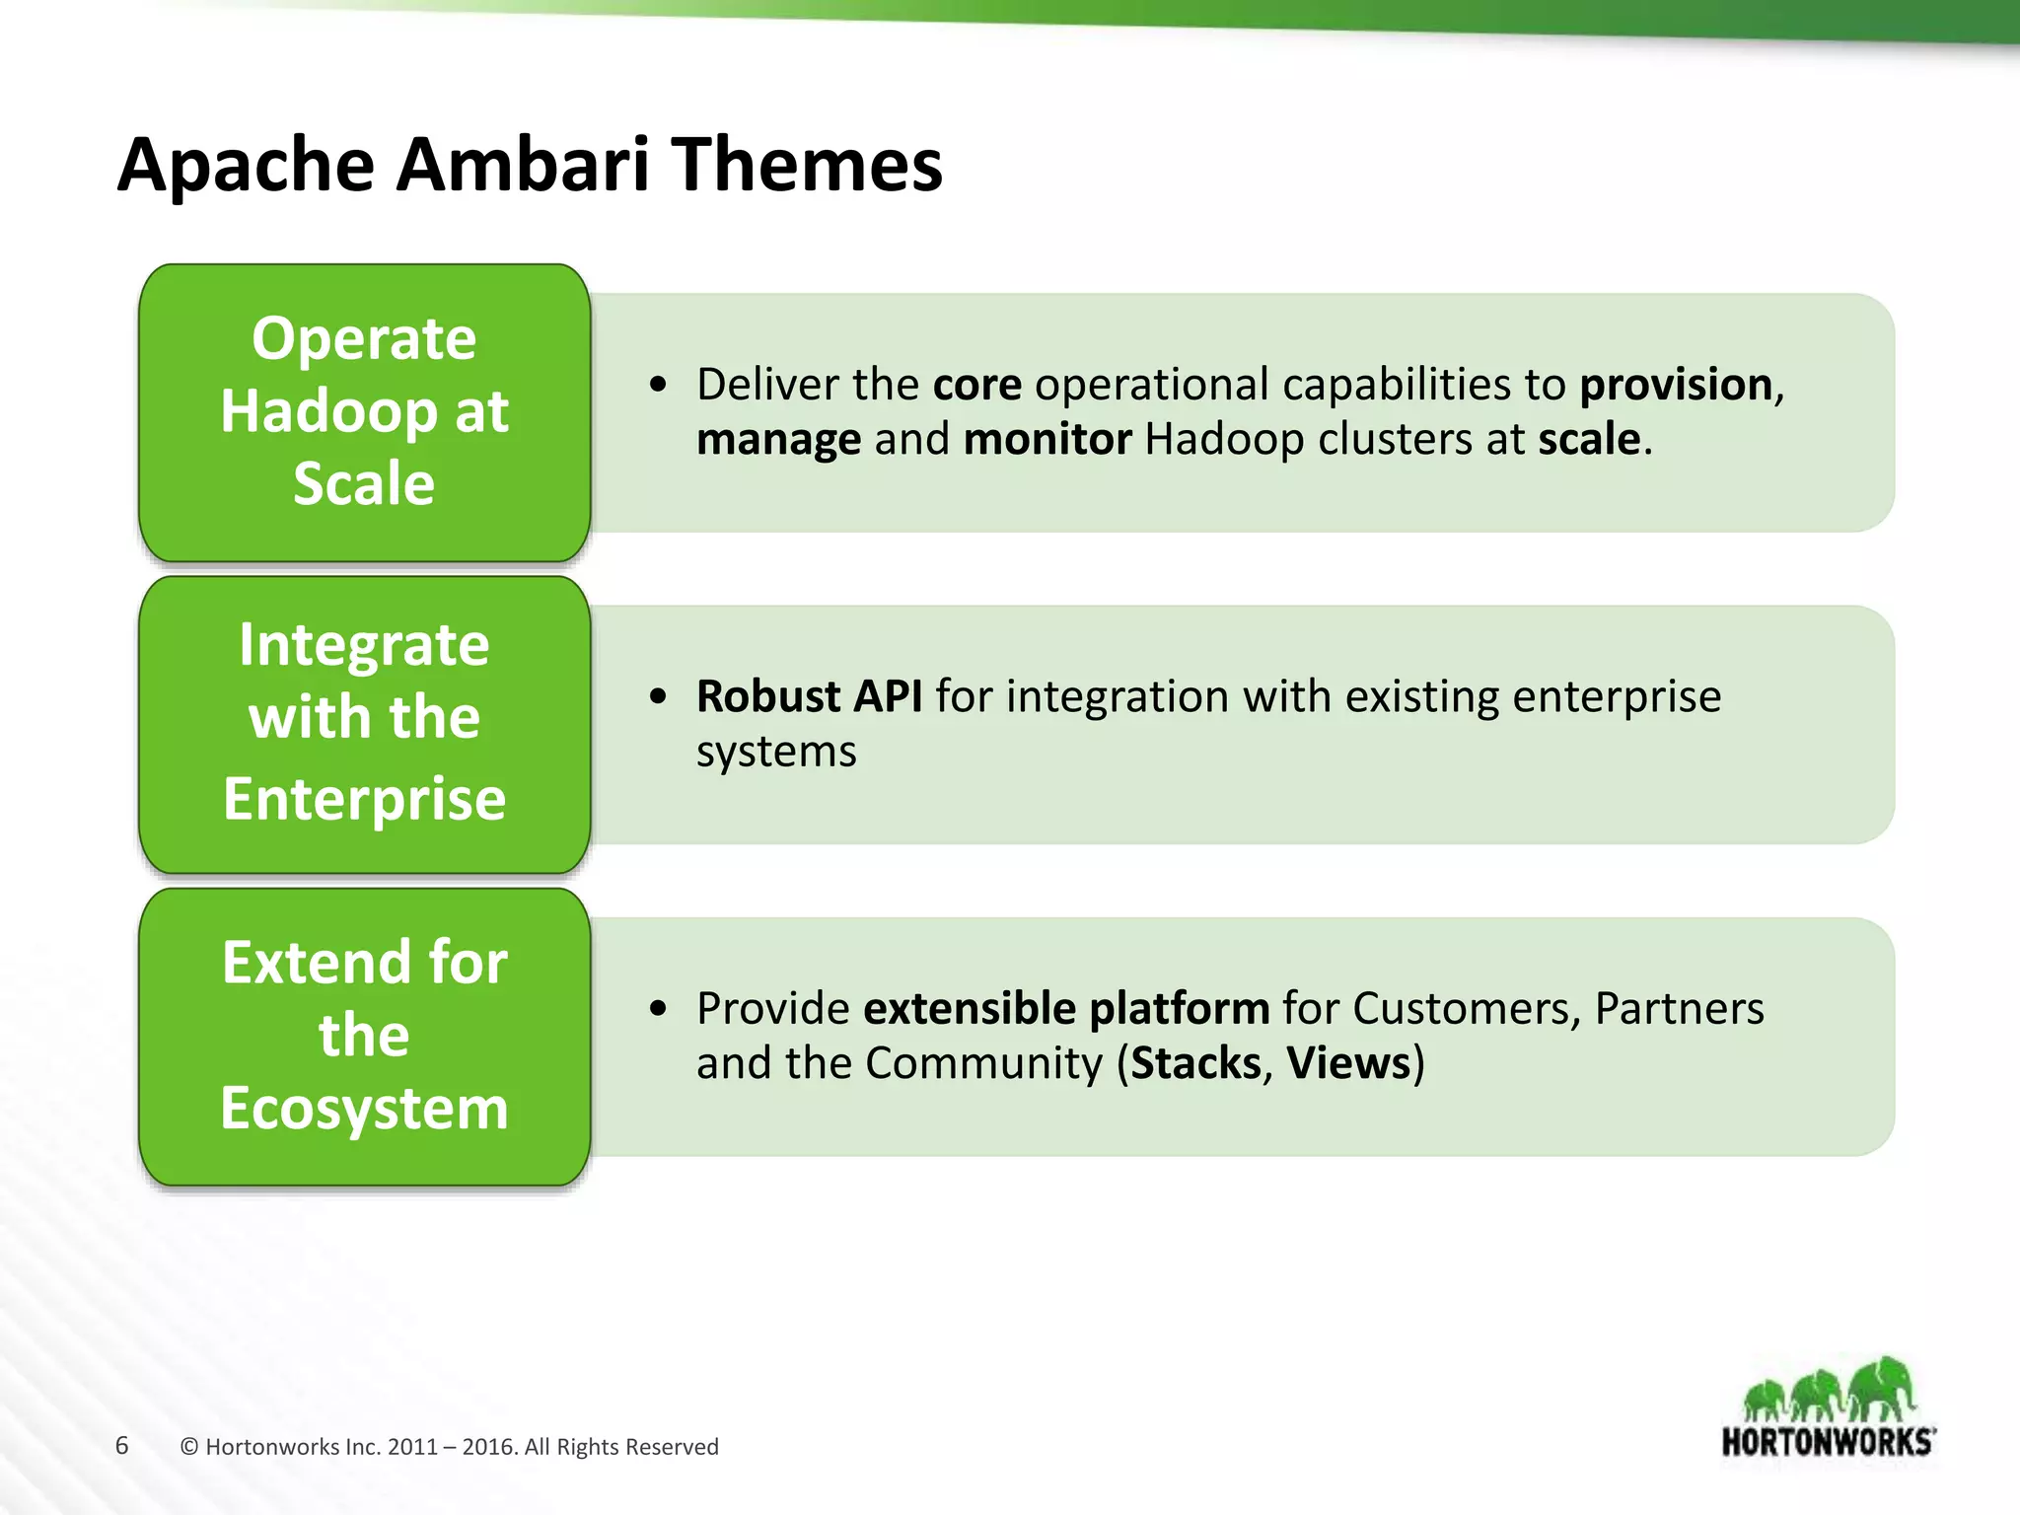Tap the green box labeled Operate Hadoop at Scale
pyautogui.click(x=364, y=412)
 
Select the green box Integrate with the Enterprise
pyautogui.click(x=364, y=724)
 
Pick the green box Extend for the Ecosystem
pyautogui.click(x=364, y=1036)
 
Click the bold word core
pyautogui.click(x=976, y=385)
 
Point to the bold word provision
pyautogui.click(x=1675, y=385)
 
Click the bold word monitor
pyautogui.click(x=1046, y=439)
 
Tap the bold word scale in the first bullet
pyautogui.click(x=1588, y=439)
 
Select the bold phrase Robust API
pyautogui.click(x=809, y=696)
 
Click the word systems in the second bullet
pyautogui.click(x=776, y=753)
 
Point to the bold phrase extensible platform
pyautogui.click(x=1066, y=1008)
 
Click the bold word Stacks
pyautogui.click(x=1195, y=1063)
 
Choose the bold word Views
pyautogui.click(x=1348, y=1063)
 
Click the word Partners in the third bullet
pyautogui.click(x=1679, y=1008)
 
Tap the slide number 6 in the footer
pyautogui.click(x=121, y=1446)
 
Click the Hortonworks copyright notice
pyautogui.click(x=450, y=1447)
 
